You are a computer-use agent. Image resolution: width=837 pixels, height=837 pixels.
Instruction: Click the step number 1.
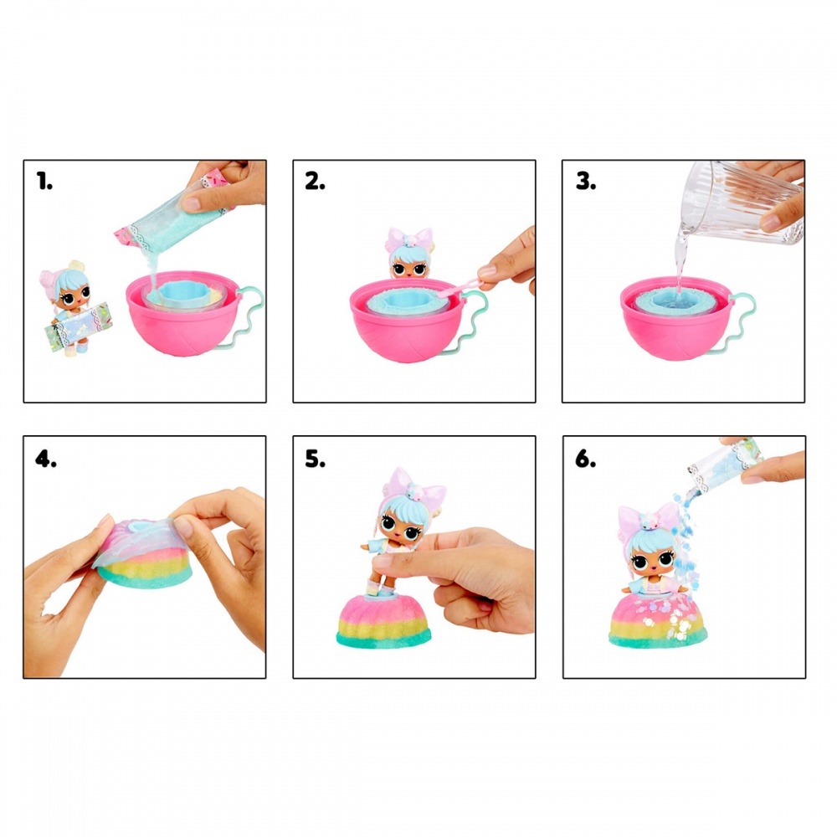pyautogui.click(x=44, y=182)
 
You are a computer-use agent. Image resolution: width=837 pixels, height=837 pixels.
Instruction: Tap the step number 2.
pyautogui.click(x=315, y=182)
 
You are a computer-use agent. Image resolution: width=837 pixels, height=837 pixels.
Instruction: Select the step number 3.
pyautogui.click(x=585, y=182)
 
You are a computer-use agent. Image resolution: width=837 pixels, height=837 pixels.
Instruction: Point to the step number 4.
pyautogui.click(x=45, y=457)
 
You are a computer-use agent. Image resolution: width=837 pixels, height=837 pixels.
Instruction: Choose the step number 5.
pyautogui.click(x=315, y=457)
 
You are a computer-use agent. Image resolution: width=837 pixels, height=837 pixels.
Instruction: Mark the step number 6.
pyautogui.click(x=585, y=457)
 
